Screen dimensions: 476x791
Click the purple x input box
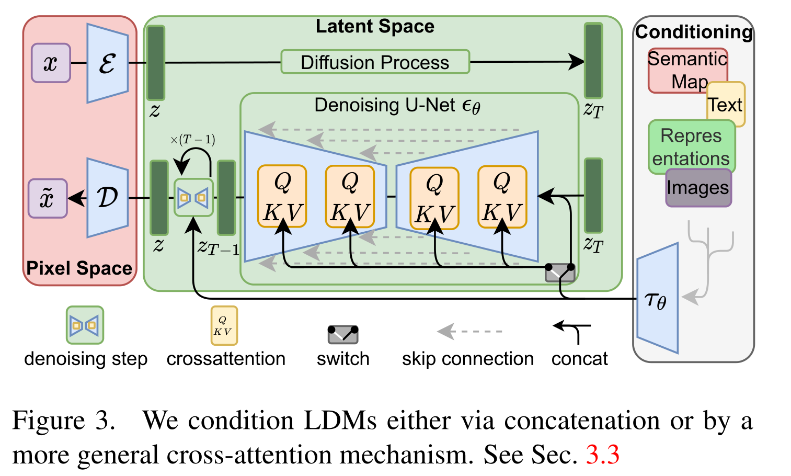pos(51,63)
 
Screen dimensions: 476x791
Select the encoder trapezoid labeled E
pos(107,63)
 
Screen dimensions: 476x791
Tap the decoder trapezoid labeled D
pos(107,198)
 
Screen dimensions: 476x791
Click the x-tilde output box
pos(48,198)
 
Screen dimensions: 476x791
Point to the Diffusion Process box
pos(375,62)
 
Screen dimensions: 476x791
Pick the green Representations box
pos(691,147)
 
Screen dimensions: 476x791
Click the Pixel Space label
pos(79,268)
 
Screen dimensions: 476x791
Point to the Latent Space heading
pos(375,27)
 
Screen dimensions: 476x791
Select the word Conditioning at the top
pos(694,32)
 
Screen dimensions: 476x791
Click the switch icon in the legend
pos(343,334)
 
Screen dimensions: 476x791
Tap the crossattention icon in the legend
pos(224,325)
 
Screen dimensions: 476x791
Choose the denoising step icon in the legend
pos(84,325)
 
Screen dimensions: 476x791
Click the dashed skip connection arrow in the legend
pos(469,331)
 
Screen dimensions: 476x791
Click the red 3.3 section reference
pos(602,455)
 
